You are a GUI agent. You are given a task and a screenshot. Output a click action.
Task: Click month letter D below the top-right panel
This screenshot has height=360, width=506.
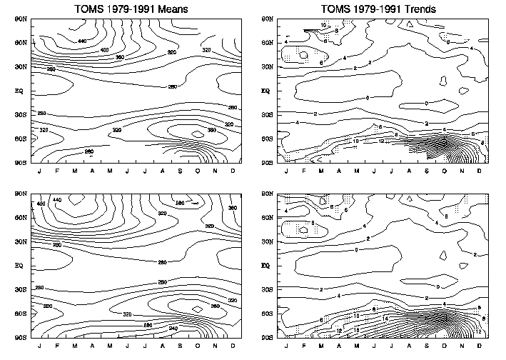coord(479,171)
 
